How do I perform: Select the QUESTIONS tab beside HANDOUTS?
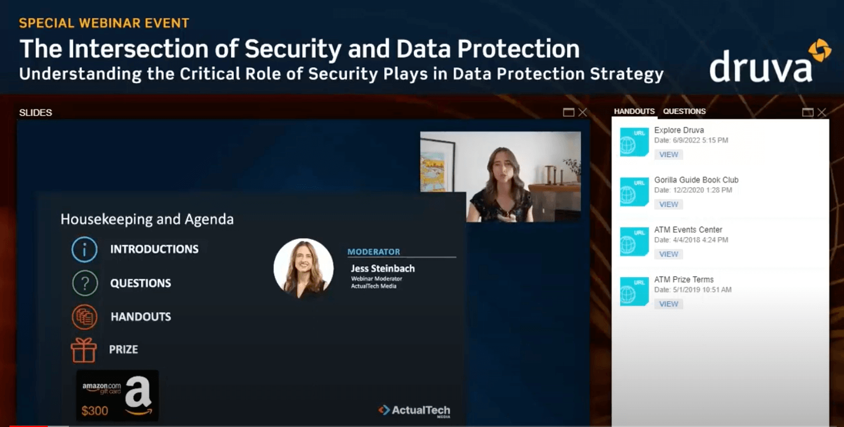click(684, 112)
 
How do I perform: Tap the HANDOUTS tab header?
click(634, 112)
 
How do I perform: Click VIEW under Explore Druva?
click(669, 154)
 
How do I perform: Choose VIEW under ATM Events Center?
click(669, 254)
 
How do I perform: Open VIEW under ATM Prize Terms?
click(669, 304)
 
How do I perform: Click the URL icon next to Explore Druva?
click(635, 142)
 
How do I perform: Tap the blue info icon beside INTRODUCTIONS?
click(84, 249)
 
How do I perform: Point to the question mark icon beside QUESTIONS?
click(85, 283)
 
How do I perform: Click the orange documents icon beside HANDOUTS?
click(84, 317)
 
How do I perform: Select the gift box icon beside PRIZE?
click(84, 350)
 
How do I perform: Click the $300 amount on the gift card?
click(94, 410)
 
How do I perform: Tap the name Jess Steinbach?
click(383, 268)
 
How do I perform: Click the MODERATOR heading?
click(374, 252)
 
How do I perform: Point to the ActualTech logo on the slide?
click(414, 411)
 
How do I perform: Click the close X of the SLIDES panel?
click(582, 112)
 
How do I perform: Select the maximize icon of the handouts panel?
click(807, 112)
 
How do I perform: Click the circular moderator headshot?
click(303, 268)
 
